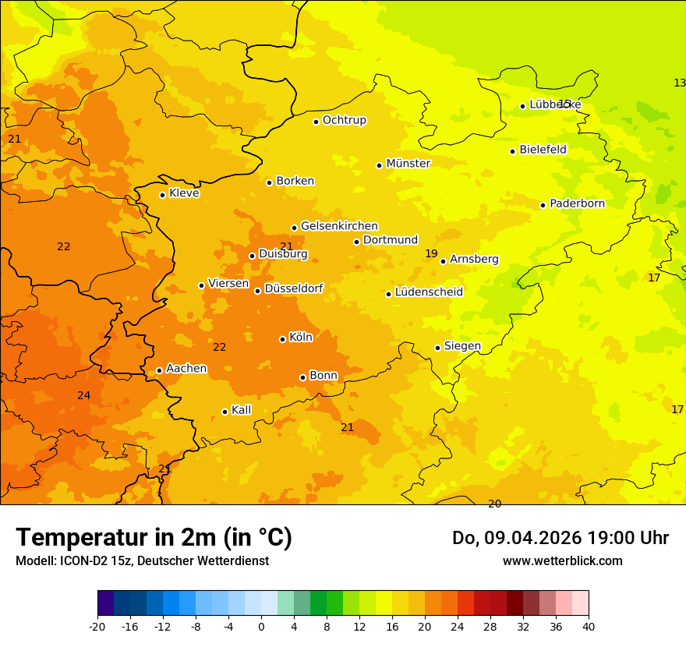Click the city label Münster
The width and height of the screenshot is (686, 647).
[408, 164]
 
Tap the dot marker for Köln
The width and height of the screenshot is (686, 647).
[282, 339]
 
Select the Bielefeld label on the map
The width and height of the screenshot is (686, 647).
[543, 150]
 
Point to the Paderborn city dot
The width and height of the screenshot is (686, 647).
[543, 205]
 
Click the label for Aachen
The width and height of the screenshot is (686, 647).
[186, 369]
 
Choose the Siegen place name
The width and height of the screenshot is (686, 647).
[462, 346]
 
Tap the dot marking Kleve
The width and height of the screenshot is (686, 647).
[162, 195]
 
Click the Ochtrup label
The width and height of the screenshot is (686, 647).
[344, 120]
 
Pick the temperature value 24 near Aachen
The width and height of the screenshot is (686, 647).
[83, 396]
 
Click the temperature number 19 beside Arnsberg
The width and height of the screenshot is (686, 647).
[431, 254]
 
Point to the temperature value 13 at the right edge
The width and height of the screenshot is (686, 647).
[679, 83]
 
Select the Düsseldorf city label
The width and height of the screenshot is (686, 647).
[294, 288]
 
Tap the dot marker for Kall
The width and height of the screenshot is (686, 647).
[225, 412]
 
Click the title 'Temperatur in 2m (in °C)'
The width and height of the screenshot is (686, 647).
[154, 537]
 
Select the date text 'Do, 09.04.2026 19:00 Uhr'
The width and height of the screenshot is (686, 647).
[560, 538]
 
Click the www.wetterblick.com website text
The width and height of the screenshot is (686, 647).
[562, 560]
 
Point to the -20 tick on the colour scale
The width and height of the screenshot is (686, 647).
[97, 626]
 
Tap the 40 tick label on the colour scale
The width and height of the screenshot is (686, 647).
[589, 626]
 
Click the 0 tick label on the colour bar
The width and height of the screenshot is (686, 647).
[261, 626]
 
